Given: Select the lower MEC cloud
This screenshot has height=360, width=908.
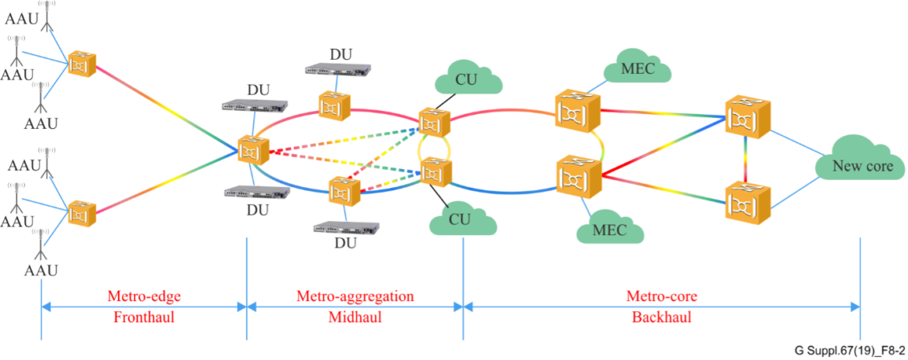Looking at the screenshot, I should pos(609,230).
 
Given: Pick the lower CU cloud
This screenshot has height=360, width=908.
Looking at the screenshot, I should pos(463,220).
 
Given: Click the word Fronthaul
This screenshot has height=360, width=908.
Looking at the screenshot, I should pos(144,317).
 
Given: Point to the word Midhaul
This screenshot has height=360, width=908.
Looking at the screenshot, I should pos(355,317).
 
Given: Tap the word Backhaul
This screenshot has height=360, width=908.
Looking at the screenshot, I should pos(660,317).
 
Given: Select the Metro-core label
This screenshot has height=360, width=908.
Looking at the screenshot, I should pos(660,296).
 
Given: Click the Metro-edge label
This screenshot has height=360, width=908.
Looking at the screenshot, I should pos(144,296).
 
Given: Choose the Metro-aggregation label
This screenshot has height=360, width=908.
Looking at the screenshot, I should pos(355,296).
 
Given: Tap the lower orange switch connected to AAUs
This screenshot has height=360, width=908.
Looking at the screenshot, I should pos(81,213).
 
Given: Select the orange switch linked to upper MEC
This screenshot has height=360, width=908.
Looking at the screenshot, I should pos(577,112).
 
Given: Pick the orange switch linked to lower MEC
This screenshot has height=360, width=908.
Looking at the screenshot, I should pos(577,177).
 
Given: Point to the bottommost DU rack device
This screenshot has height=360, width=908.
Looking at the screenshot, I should pos(347,227).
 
